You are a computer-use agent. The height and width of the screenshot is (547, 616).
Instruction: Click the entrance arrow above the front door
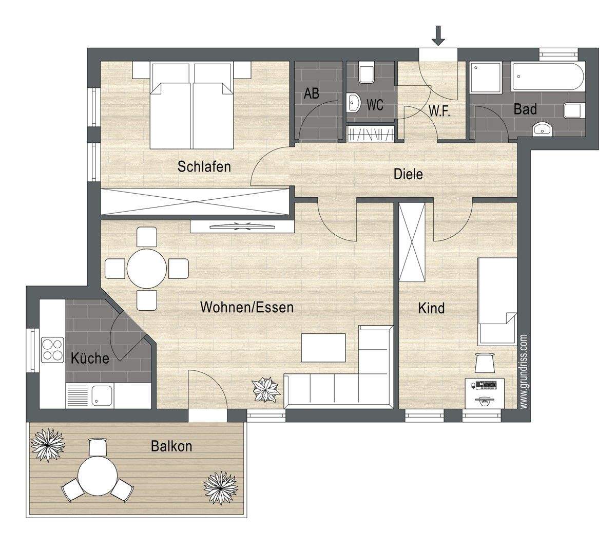[438, 35]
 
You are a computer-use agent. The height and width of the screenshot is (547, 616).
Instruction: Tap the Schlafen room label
[204, 167]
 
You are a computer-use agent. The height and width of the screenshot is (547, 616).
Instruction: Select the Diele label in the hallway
[408, 174]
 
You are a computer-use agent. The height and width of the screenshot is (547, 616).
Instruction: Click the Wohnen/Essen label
[247, 308]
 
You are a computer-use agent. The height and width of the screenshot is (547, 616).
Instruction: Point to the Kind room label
[431, 308]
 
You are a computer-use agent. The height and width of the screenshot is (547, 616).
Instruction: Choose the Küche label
[90, 358]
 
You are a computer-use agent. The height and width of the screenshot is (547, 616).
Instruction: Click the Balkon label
[171, 446]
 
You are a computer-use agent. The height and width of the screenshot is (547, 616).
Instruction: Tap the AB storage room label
[312, 93]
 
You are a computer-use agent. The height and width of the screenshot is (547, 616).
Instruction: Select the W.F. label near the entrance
[439, 111]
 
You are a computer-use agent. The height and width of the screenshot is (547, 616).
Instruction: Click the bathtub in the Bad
[548, 76]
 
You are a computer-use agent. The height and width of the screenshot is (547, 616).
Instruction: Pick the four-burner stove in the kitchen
[52, 350]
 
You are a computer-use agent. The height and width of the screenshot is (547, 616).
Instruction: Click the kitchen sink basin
[102, 395]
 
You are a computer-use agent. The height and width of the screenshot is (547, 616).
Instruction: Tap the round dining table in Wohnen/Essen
[146, 268]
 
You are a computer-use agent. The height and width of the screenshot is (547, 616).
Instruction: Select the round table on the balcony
[98, 476]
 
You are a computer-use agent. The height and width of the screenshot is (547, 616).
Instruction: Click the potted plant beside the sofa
[266, 390]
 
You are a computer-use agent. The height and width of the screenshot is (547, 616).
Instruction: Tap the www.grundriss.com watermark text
[523, 371]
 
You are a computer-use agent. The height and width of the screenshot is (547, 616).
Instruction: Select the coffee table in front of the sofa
[323, 348]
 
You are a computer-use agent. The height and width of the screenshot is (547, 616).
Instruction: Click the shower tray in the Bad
[485, 77]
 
